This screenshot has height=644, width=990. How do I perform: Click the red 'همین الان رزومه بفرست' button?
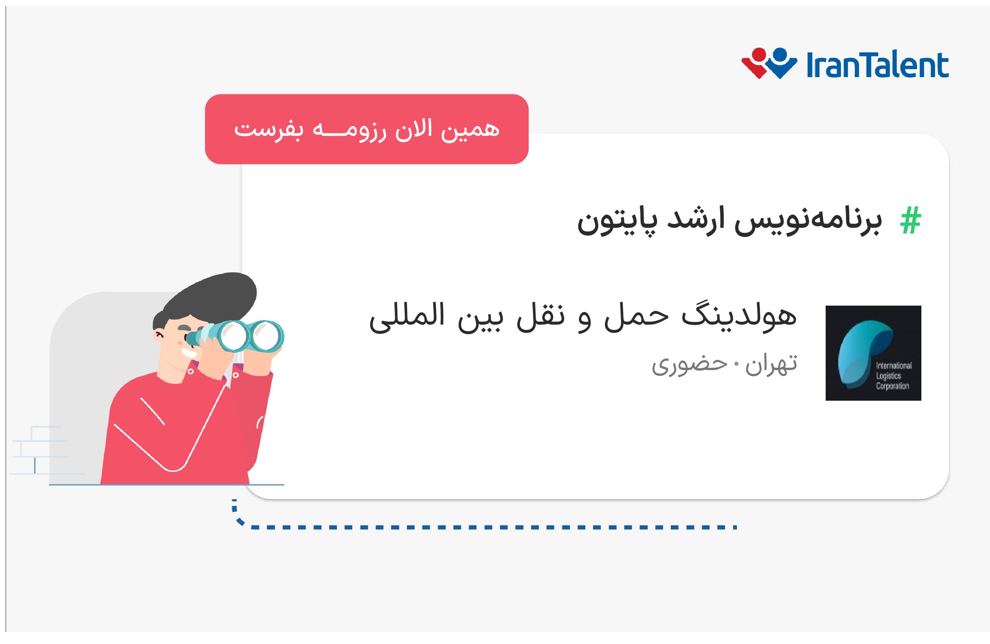(366, 129)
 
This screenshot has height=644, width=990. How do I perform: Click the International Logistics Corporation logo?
(874, 353)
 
